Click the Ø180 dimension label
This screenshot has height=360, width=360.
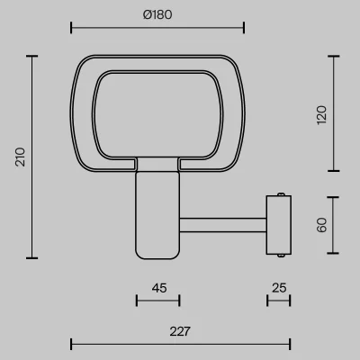(x=157, y=14)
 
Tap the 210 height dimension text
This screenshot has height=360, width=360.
(x=21, y=157)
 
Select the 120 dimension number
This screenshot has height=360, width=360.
(x=321, y=115)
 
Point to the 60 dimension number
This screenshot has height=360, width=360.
(x=321, y=225)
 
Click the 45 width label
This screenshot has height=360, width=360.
(x=159, y=288)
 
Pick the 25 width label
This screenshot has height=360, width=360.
(x=279, y=288)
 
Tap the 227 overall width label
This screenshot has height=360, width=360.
(x=180, y=331)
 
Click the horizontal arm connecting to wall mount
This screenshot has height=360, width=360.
(x=223, y=225)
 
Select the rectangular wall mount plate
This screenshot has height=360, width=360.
(x=279, y=225)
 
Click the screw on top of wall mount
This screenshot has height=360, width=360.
(x=281, y=194)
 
